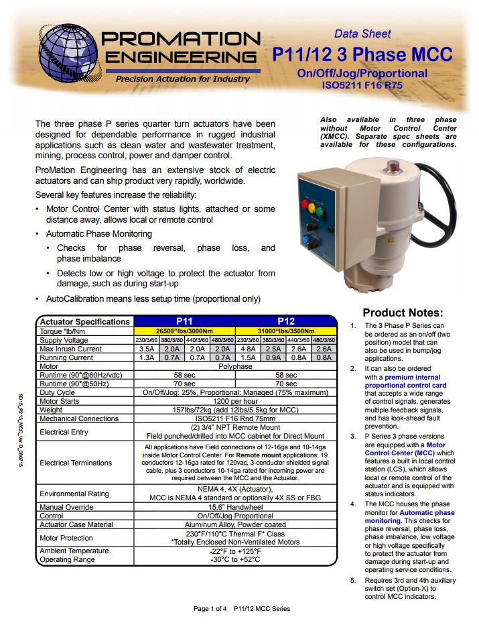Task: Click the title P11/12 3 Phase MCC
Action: coord(362,54)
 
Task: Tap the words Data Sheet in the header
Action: coord(362,34)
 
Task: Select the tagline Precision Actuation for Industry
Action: coord(182,79)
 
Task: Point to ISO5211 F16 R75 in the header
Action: coord(362,85)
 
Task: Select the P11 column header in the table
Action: coord(184,321)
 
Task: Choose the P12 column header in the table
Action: coord(286,321)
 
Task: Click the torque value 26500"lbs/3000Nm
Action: coord(184,331)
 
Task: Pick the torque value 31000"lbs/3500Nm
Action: coord(286,331)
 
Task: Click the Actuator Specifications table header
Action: coord(84,321)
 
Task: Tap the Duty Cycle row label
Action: coord(57,392)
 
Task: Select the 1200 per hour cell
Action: coord(235,401)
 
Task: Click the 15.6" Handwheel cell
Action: coord(235,507)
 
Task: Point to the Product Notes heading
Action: coord(403,312)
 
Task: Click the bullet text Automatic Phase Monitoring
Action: coord(98,234)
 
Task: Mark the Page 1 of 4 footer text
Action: coord(210,609)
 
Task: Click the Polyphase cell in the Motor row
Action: coord(235,367)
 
